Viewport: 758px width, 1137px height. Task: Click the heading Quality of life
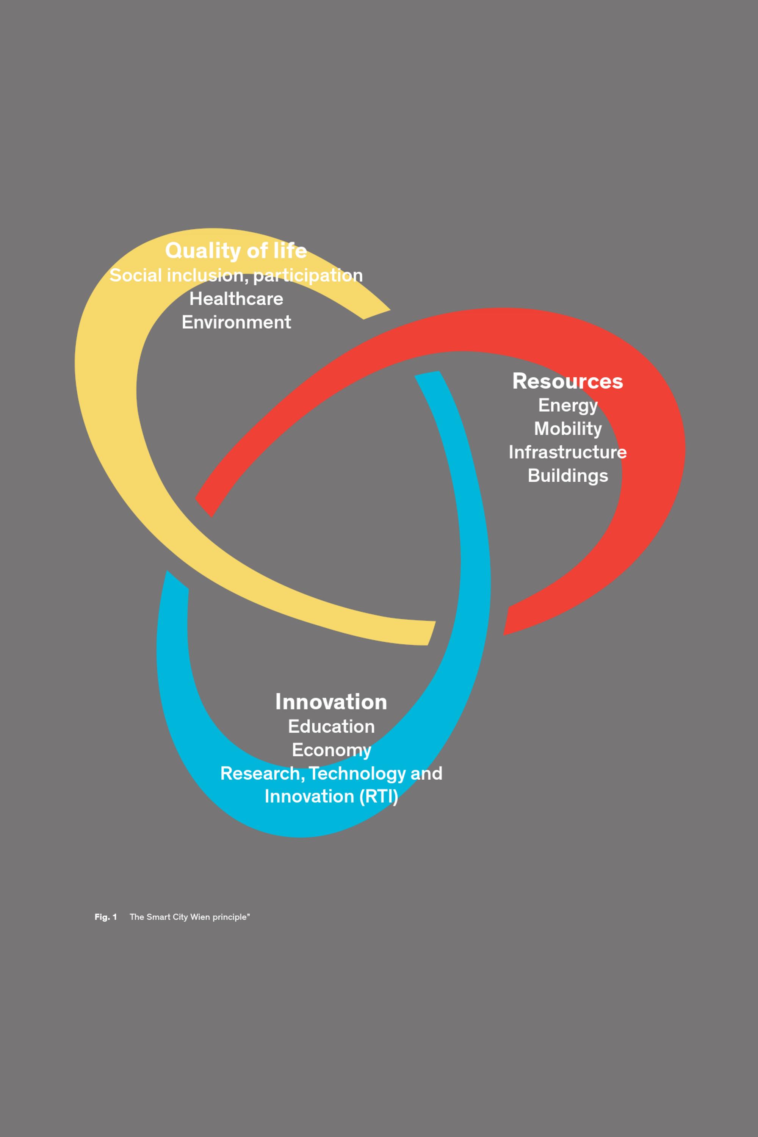tap(236, 251)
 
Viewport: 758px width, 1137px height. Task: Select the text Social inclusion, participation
tap(236, 276)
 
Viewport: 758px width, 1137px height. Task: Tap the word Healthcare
tap(236, 299)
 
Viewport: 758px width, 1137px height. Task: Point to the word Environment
tap(236, 322)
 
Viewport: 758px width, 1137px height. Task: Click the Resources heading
tap(567, 381)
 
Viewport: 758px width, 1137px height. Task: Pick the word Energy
tap(567, 406)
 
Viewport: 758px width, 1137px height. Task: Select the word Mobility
tap(567, 429)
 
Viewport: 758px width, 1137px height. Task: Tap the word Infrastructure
tap(567, 452)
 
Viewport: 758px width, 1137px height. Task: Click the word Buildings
tap(567, 476)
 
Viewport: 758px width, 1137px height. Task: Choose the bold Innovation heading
tap(331, 702)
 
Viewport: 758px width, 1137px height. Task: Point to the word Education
tap(331, 726)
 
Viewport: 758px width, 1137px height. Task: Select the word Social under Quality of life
tap(135, 276)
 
